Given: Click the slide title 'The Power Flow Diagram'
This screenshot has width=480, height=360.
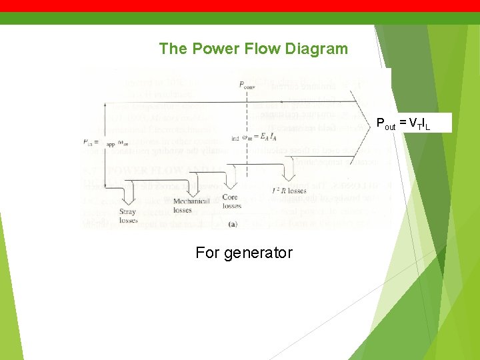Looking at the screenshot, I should pos(253,49).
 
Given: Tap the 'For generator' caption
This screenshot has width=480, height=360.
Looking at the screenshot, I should pos(243,253).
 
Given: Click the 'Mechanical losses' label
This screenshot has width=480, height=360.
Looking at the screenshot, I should pos(191,205).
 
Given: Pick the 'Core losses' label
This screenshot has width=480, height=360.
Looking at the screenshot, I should pos(231,202).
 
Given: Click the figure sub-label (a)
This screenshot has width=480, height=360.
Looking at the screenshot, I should pos(232,224).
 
